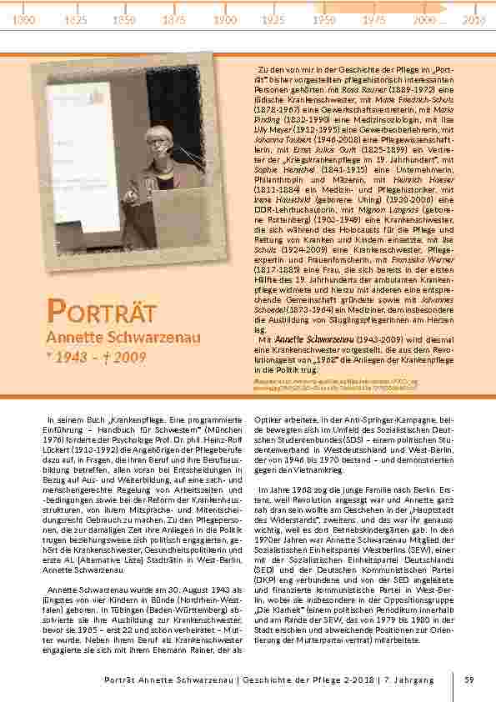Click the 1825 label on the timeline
tap(76, 19)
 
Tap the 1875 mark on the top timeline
tap(174, 19)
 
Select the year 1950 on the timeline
tap(324, 19)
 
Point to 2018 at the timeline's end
tap(473, 19)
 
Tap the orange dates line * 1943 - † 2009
tap(96, 358)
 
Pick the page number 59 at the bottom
tap(469, 680)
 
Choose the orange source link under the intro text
tap(348, 383)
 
